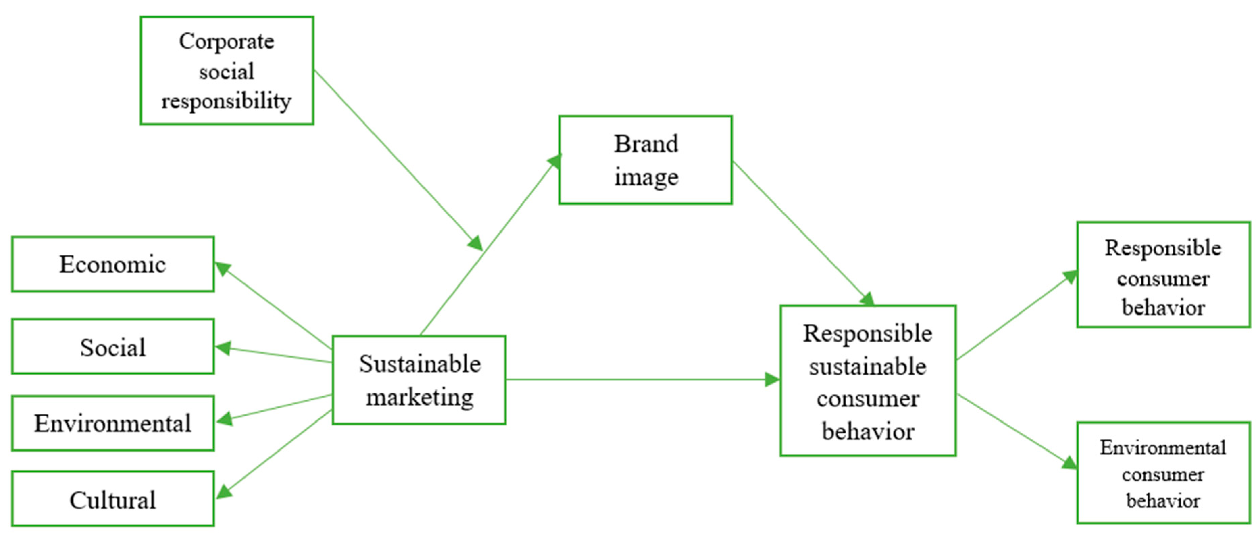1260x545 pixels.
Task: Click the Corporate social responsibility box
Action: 227,71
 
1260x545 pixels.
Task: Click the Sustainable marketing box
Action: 419,380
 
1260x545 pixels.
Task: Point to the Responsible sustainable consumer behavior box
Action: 868,381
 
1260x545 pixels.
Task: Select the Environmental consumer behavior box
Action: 1163,473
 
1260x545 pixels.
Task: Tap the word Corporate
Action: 227,42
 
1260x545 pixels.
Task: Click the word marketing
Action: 420,397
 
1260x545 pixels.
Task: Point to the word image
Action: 646,177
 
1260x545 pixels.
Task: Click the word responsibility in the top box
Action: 227,101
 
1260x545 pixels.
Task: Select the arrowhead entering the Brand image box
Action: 555,162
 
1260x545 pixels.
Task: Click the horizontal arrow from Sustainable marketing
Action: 636,379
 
